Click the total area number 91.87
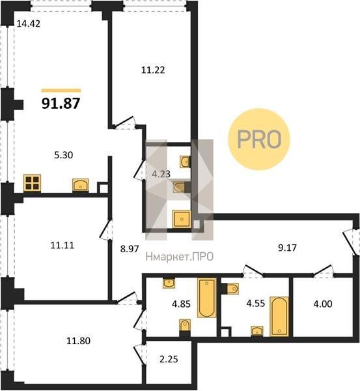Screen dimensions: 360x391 tap(61, 103)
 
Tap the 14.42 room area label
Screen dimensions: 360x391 tap(28, 23)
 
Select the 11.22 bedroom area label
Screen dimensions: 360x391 tap(153, 70)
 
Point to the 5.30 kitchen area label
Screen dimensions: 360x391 tap(64, 155)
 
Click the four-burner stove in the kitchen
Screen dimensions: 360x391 tap(32, 183)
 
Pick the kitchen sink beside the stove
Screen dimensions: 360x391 tap(81, 185)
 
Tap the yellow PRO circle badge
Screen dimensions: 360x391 tap(259, 139)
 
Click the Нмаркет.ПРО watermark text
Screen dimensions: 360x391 tap(180, 256)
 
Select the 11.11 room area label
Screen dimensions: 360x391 tap(62, 246)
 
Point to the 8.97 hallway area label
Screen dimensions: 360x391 tap(130, 249)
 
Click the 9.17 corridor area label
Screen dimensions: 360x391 tap(288, 248)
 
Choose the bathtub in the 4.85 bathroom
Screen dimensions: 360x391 tap(206, 298)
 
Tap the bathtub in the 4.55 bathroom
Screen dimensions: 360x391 tap(279, 317)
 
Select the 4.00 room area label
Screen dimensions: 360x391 tap(323, 304)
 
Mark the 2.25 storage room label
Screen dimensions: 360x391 tap(169, 359)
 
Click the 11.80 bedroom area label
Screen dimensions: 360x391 tap(79, 341)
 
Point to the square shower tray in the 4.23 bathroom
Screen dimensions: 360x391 tap(182, 219)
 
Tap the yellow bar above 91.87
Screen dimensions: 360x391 tap(61, 91)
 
